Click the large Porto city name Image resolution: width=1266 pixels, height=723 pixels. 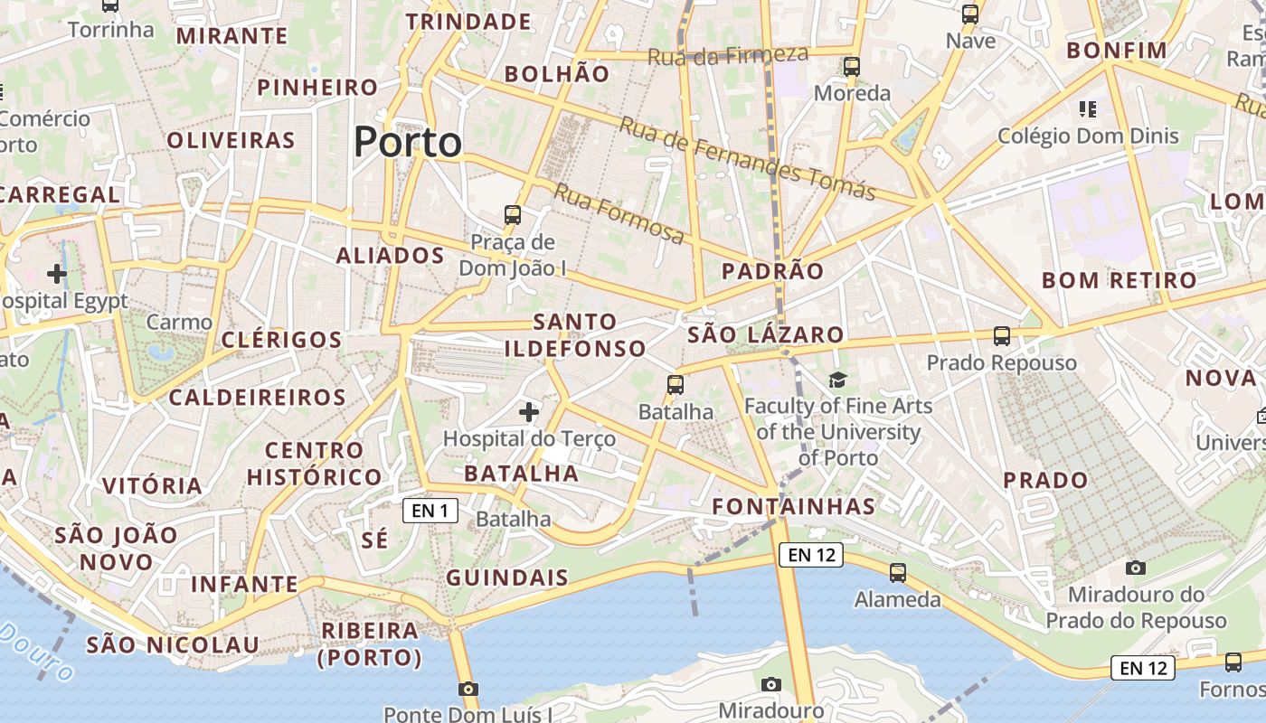tap(407, 143)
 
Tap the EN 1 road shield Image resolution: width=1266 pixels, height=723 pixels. tap(430, 511)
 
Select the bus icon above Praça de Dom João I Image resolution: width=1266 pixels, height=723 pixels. tap(513, 215)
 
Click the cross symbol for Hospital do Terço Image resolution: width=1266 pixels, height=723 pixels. tap(529, 413)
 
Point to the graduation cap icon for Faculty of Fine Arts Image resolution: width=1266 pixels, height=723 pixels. tap(838, 380)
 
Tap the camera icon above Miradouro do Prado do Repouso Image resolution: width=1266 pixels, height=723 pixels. tap(1136, 568)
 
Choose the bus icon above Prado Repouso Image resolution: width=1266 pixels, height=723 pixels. tap(1001, 336)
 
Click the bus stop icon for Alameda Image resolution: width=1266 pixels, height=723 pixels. tap(897, 573)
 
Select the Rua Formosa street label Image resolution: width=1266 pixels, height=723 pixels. tap(619, 214)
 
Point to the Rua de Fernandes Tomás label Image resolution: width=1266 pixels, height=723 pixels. tap(747, 158)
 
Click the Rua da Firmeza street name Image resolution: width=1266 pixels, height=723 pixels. tap(728, 56)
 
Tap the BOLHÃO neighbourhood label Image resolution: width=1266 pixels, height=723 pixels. tap(557, 74)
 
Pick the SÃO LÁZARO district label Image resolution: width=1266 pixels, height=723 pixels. tap(766, 335)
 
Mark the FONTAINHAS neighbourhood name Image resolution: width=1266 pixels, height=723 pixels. tap(794, 506)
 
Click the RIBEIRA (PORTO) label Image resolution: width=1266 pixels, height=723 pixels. tap(371, 643)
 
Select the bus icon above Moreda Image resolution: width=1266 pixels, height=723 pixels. tap(851, 67)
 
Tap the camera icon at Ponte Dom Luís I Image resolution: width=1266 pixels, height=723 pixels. tap(468, 690)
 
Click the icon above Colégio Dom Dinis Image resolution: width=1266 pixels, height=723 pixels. tap(1088, 109)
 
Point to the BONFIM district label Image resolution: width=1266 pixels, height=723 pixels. tap(1117, 51)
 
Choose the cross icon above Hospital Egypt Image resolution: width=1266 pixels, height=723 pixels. tap(57, 273)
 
